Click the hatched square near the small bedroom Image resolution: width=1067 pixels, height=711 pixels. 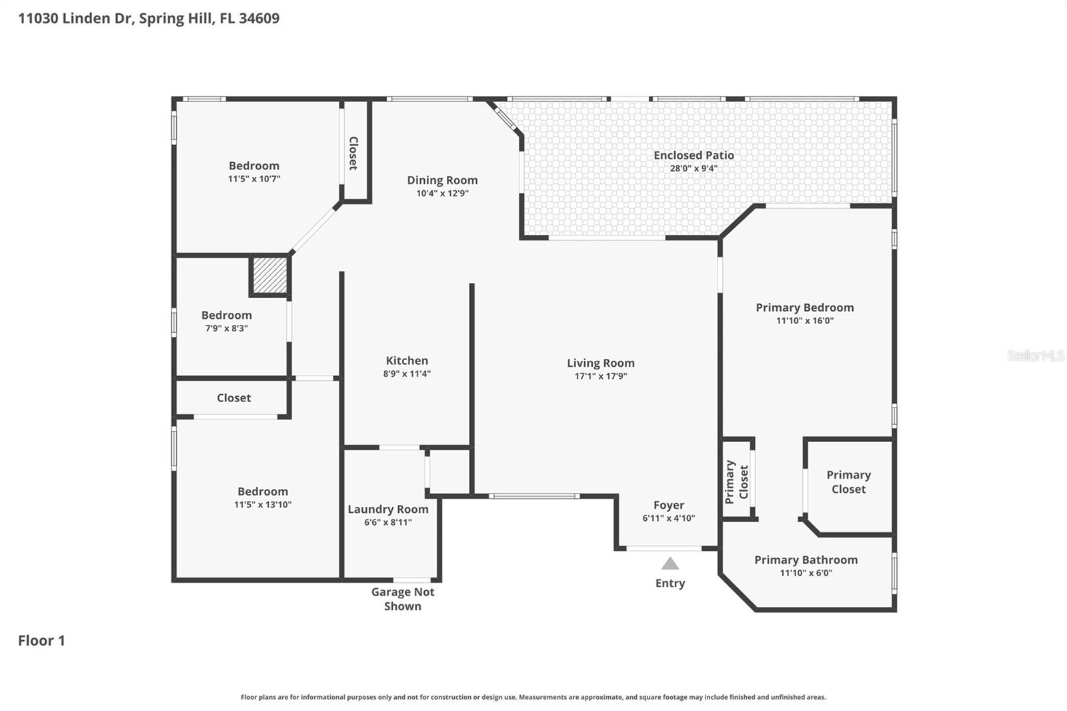point(270,275)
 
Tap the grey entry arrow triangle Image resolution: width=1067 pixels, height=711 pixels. point(670,564)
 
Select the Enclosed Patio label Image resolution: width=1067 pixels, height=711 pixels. point(694,155)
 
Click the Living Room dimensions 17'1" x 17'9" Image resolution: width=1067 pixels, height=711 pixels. point(601,376)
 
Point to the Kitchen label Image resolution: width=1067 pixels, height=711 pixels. point(407,360)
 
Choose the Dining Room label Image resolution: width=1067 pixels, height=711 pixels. point(442,180)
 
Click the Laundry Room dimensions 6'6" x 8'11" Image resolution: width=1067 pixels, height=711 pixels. point(387,522)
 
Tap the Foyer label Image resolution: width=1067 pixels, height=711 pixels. point(668,505)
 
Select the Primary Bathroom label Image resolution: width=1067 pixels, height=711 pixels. point(806,560)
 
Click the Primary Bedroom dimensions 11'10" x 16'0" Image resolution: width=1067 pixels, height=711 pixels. point(804,321)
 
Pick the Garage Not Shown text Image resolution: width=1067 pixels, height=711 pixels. point(403,599)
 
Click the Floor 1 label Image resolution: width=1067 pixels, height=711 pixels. point(41,640)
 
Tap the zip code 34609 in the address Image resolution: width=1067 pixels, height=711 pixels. point(259,18)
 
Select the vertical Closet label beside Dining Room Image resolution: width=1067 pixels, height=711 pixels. point(353,153)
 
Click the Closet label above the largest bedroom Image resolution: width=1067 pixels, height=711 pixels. point(233,398)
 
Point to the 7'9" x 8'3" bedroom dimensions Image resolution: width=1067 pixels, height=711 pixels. point(226,328)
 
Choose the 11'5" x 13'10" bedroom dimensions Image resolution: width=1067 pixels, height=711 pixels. point(263,505)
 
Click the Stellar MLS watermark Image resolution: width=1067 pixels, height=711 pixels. point(1035,355)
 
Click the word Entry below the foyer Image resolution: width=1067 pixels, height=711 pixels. point(670,583)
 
